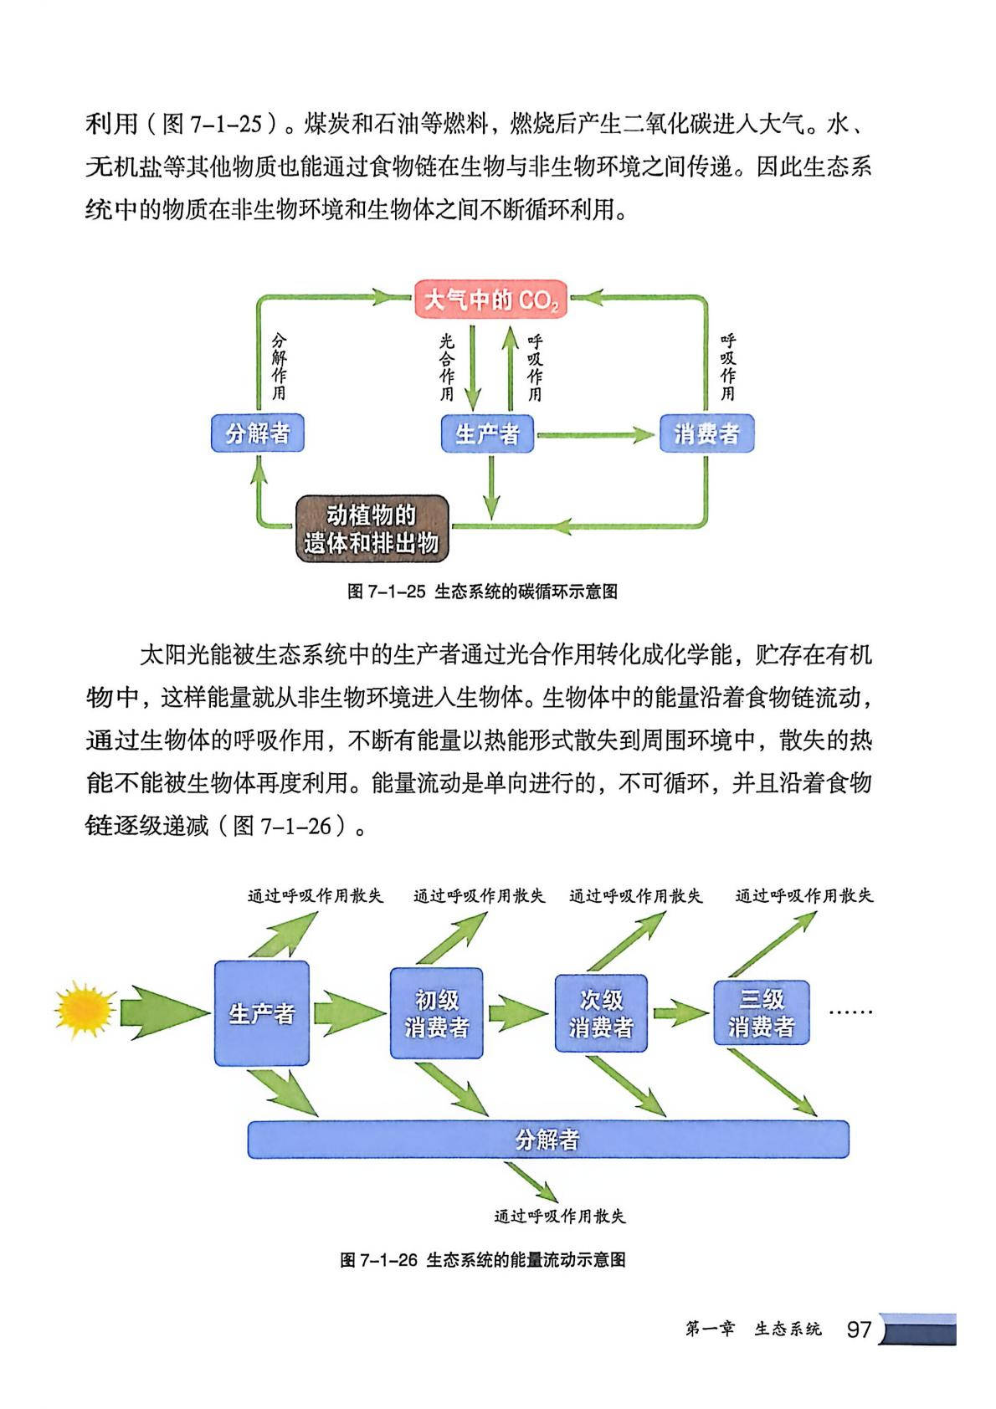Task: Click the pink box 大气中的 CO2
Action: point(490,300)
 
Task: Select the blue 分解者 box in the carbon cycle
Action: point(257,433)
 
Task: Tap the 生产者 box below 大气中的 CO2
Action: point(487,433)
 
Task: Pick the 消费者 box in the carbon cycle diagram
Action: point(706,433)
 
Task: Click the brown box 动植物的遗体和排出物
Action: point(372,529)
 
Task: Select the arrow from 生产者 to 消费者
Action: point(595,434)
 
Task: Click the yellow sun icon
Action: point(84,1009)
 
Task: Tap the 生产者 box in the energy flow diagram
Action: point(262,1013)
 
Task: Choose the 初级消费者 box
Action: point(436,1013)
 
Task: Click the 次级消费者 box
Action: point(601,1013)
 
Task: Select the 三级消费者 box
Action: point(761,1012)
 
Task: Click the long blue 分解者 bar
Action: point(548,1140)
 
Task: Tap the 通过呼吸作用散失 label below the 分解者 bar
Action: point(559,1216)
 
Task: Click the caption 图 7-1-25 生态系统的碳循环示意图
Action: point(482,592)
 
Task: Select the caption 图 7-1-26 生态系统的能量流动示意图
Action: point(483,1260)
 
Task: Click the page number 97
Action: point(859,1330)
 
